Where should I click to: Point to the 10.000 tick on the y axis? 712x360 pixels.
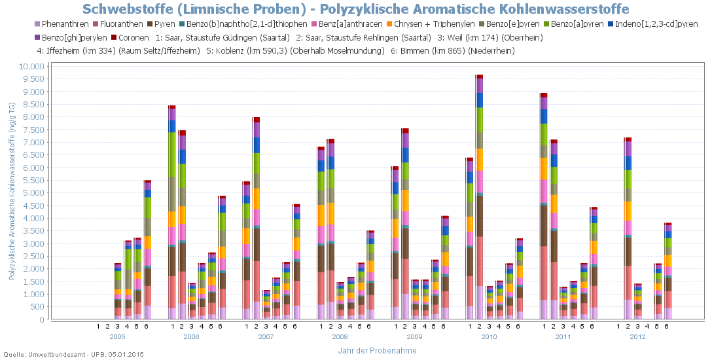pyautogui.click(x=31, y=67)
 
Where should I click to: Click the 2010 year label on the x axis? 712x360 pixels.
pyautogui.click(x=489, y=336)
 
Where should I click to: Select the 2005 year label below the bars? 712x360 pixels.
pyautogui.click(x=118, y=336)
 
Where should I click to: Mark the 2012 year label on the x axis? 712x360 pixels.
pyautogui.click(x=638, y=336)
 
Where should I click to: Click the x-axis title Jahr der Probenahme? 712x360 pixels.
pyautogui.click(x=377, y=351)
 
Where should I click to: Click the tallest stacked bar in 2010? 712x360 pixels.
pyautogui.click(x=480, y=196)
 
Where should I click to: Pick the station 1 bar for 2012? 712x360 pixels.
pyautogui.click(x=628, y=229)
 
